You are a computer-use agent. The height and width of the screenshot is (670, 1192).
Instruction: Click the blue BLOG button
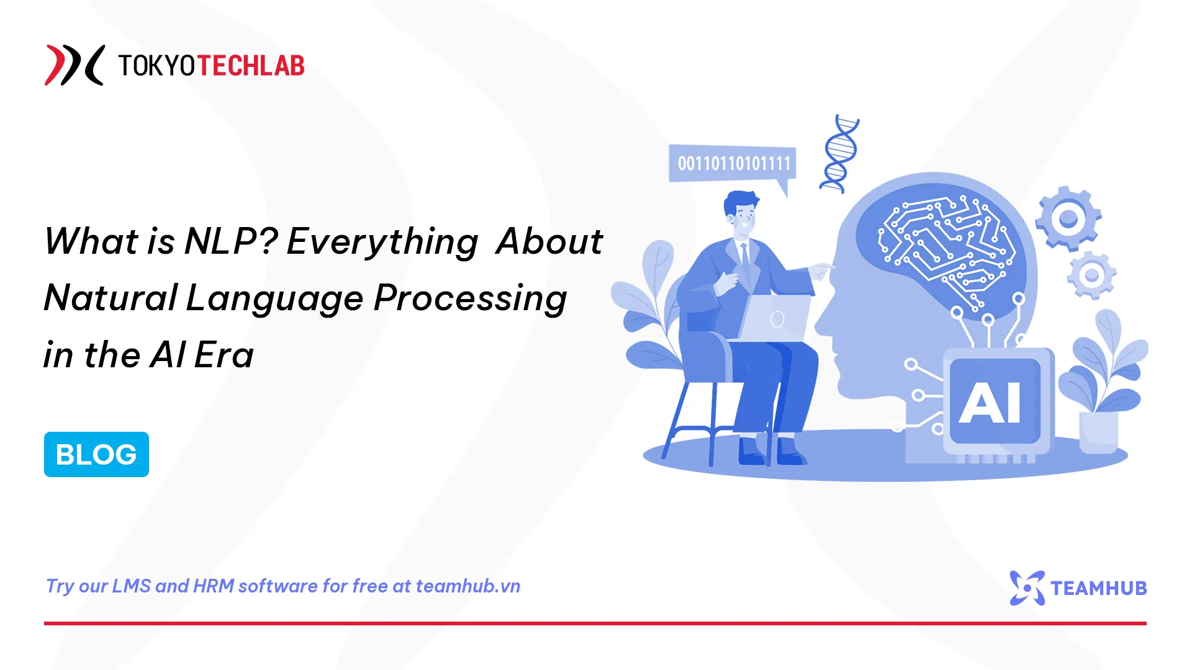pos(96,454)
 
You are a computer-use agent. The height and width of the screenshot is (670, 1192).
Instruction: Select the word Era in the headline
pos(223,355)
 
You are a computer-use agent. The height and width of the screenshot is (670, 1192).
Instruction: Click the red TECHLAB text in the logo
pos(251,66)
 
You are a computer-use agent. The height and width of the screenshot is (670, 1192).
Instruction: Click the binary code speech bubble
pos(733,164)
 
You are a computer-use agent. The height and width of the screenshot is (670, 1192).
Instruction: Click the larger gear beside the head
pos(1068,218)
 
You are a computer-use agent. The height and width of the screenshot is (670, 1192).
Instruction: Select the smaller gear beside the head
pos(1092,275)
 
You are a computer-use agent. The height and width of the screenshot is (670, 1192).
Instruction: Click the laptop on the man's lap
pos(776,318)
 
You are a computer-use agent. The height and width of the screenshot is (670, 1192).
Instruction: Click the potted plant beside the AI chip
pos(1102,385)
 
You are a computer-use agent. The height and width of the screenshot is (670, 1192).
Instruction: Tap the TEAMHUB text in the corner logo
pos(1098,588)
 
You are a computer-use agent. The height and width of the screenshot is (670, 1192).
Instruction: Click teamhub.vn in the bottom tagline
pos(467,586)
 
